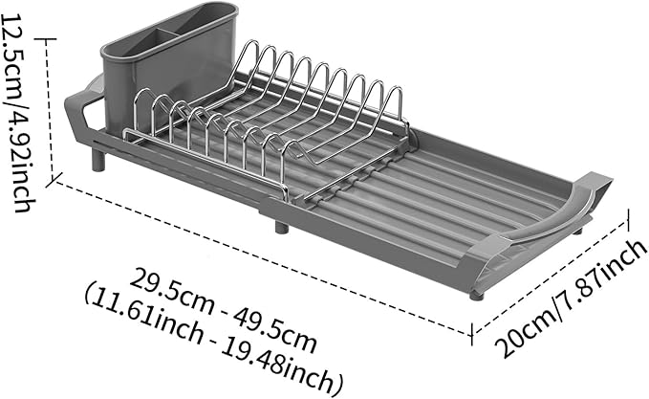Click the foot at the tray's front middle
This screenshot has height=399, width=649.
[x=281, y=229]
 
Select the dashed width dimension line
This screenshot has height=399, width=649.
[x=550, y=277]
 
